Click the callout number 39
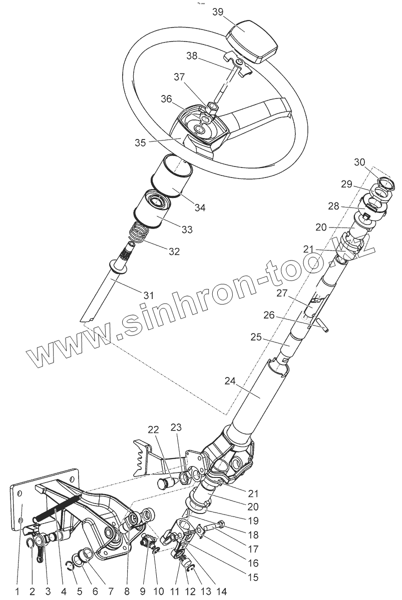[x=218, y=12]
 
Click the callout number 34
[x=200, y=206]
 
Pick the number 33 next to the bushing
[x=187, y=230]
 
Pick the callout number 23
[x=176, y=427]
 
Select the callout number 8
[x=127, y=592]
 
